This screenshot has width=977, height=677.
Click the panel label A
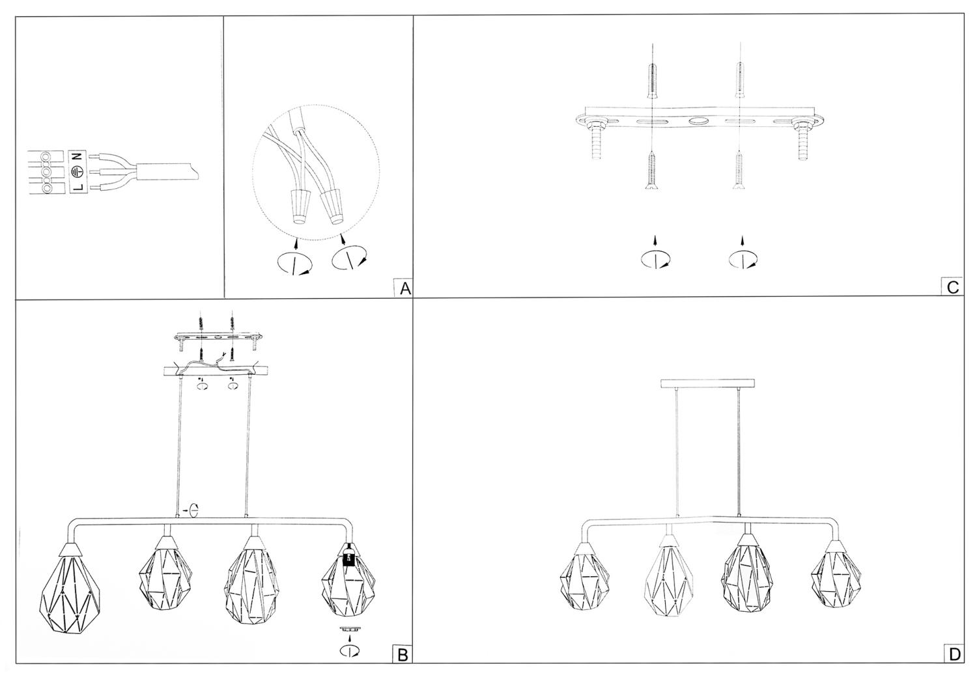coord(405,288)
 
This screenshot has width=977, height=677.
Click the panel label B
coord(402,656)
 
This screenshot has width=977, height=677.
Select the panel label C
coord(953,287)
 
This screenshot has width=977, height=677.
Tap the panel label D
coord(954,654)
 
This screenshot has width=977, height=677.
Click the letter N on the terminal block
coord(78,156)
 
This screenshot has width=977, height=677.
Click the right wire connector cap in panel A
coord(332,206)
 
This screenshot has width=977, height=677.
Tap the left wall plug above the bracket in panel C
coord(651,82)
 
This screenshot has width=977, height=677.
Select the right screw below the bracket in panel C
coord(739,171)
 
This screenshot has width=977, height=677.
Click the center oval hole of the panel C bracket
coord(696,122)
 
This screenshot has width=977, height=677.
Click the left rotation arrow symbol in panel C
coord(655,259)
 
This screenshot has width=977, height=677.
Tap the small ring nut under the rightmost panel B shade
coord(348,629)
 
